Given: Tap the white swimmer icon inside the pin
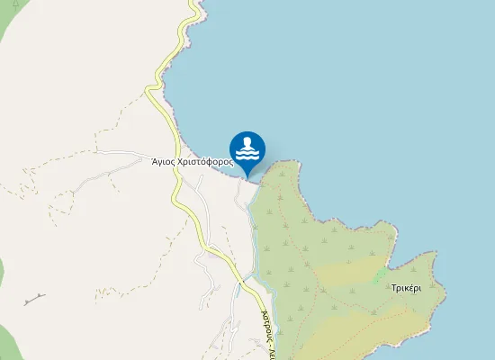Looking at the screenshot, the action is (247, 148).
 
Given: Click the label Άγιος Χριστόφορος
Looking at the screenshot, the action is (193, 162).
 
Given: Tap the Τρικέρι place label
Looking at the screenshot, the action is (407, 289).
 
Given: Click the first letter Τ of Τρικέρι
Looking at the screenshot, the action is (394, 289).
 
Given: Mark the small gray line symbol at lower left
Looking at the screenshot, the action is (35, 298).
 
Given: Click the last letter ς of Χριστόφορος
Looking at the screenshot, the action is (231, 163).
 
